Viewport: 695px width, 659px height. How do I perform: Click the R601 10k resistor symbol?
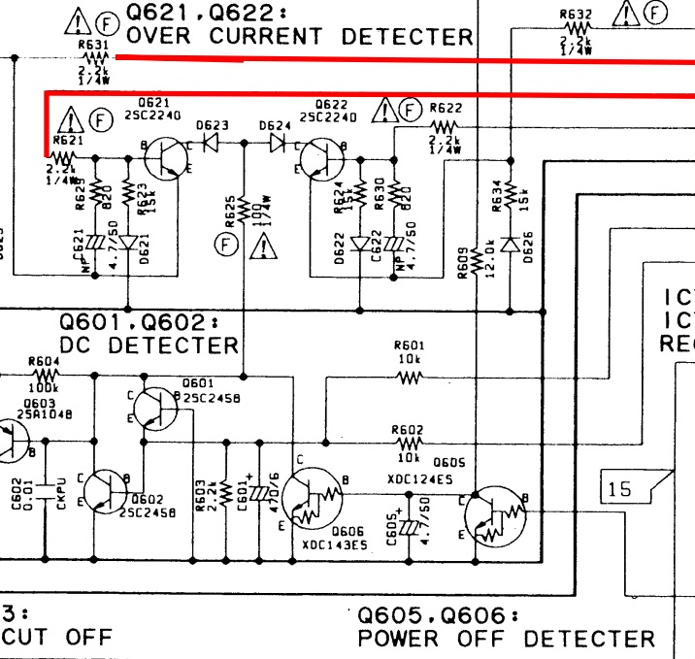coord(409,377)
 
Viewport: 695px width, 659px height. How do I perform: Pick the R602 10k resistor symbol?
coord(409,439)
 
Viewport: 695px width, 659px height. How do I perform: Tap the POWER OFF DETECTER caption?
coord(506,638)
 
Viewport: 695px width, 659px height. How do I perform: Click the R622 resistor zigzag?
coord(444,127)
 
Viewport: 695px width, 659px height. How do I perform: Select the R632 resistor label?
coord(576,14)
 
